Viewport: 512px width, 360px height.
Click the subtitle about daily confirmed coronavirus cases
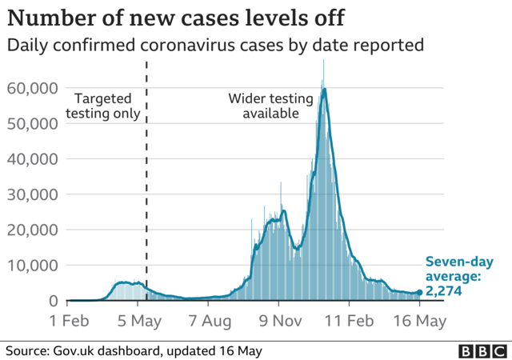pyautogui.click(x=214, y=46)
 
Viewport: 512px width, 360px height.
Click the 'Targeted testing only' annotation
pyautogui.click(x=106, y=106)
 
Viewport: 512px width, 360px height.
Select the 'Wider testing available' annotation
pyautogui.click(x=263, y=106)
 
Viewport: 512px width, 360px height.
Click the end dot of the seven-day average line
pyautogui.click(x=420, y=293)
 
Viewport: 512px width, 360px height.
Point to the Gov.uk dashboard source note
pyautogui.click(x=134, y=350)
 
